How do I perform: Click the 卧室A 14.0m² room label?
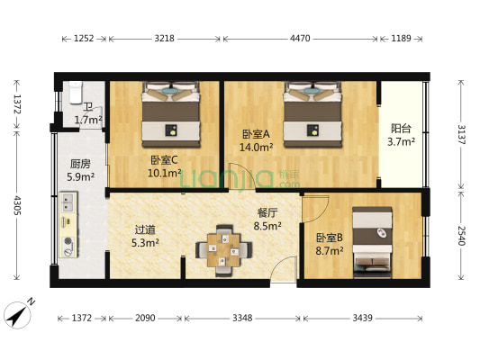[257, 140]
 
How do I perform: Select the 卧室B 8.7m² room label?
[330, 243]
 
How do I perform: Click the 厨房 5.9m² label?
[81, 171]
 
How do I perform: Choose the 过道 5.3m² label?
[144, 236]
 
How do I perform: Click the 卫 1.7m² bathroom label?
[87, 113]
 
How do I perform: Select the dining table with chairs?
[222, 249]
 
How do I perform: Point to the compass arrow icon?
[17, 312]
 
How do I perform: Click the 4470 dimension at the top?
[300, 39]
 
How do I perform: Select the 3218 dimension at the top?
[164, 39]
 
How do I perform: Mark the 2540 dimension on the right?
[460, 236]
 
